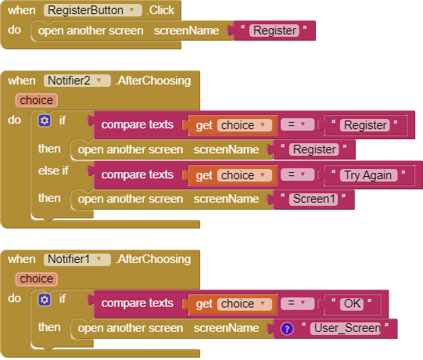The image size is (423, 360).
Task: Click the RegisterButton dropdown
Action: coord(93,10)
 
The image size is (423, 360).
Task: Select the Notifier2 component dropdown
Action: coord(77,81)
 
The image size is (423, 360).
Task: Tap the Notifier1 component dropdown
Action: coord(77,259)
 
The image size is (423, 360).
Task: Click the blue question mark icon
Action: coord(287,329)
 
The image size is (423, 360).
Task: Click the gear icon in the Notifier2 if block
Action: coord(45,121)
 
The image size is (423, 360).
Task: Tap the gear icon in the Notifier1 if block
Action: coord(45,300)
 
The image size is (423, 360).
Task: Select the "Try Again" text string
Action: coord(368,175)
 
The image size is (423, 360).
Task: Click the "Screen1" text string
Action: coord(314,200)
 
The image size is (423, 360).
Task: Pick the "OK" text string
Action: coord(352,304)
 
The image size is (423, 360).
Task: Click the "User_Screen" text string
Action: coord(346,329)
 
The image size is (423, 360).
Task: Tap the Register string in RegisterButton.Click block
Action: coord(274,31)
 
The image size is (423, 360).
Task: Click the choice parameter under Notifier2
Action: coord(37,100)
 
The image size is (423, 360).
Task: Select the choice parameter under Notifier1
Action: coord(37,279)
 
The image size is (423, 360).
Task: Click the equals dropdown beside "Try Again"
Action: coord(297,175)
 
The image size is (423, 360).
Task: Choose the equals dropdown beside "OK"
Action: coord(297,303)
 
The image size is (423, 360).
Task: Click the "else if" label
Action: coord(53,171)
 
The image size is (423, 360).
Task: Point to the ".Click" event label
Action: coord(161,10)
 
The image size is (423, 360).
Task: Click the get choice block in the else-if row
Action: coord(232,175)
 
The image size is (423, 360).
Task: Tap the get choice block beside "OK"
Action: coord(232,304)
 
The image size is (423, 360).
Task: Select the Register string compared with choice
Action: coord(364,125)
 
